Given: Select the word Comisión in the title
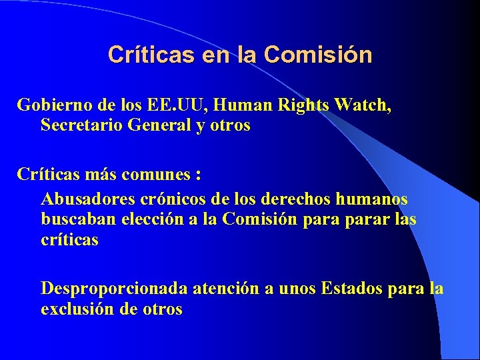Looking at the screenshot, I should [318, 55].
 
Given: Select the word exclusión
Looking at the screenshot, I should [77, 309].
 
